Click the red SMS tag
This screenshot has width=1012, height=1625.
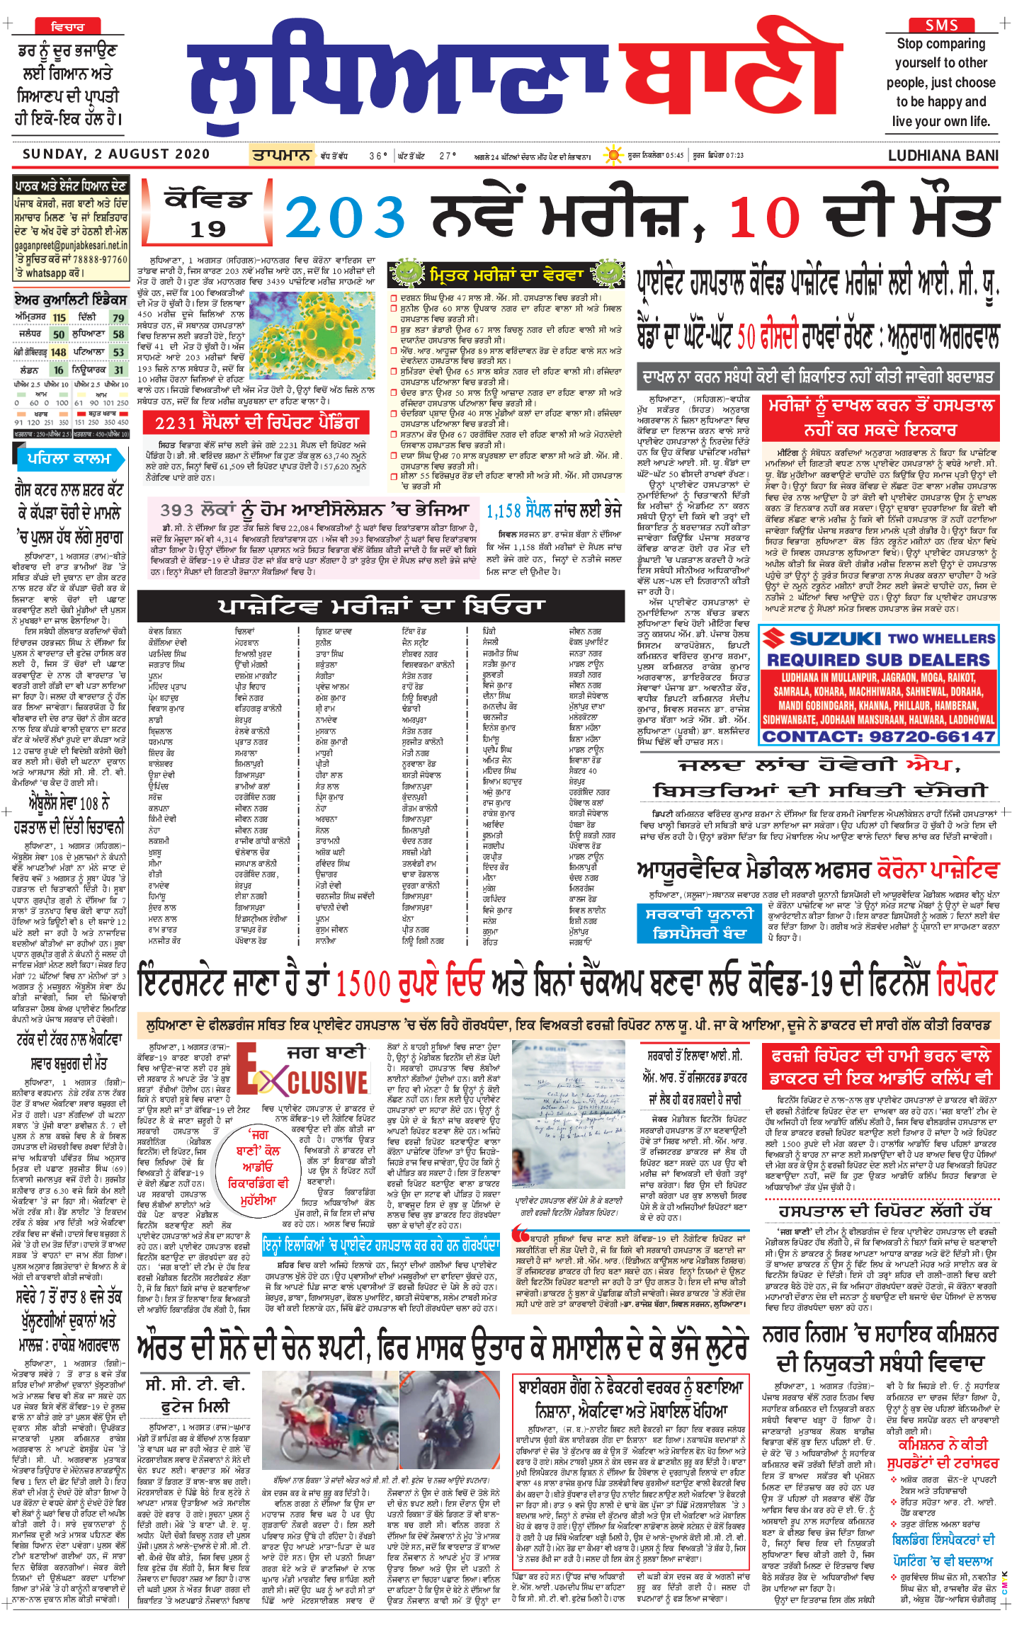coord(941,25)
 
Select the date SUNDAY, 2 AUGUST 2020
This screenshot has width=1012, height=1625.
coord(116,154)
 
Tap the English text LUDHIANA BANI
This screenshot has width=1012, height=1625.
coord(943,156)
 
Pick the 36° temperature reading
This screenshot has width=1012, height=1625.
coord(378,156)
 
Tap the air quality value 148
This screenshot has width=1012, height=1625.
coord(58,352)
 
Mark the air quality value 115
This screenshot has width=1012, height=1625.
coord(59,318)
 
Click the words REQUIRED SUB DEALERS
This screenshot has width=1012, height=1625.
coord(878,660)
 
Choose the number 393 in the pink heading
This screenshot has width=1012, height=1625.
coord(177,511)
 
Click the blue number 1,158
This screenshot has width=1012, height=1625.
coord(504,510)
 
